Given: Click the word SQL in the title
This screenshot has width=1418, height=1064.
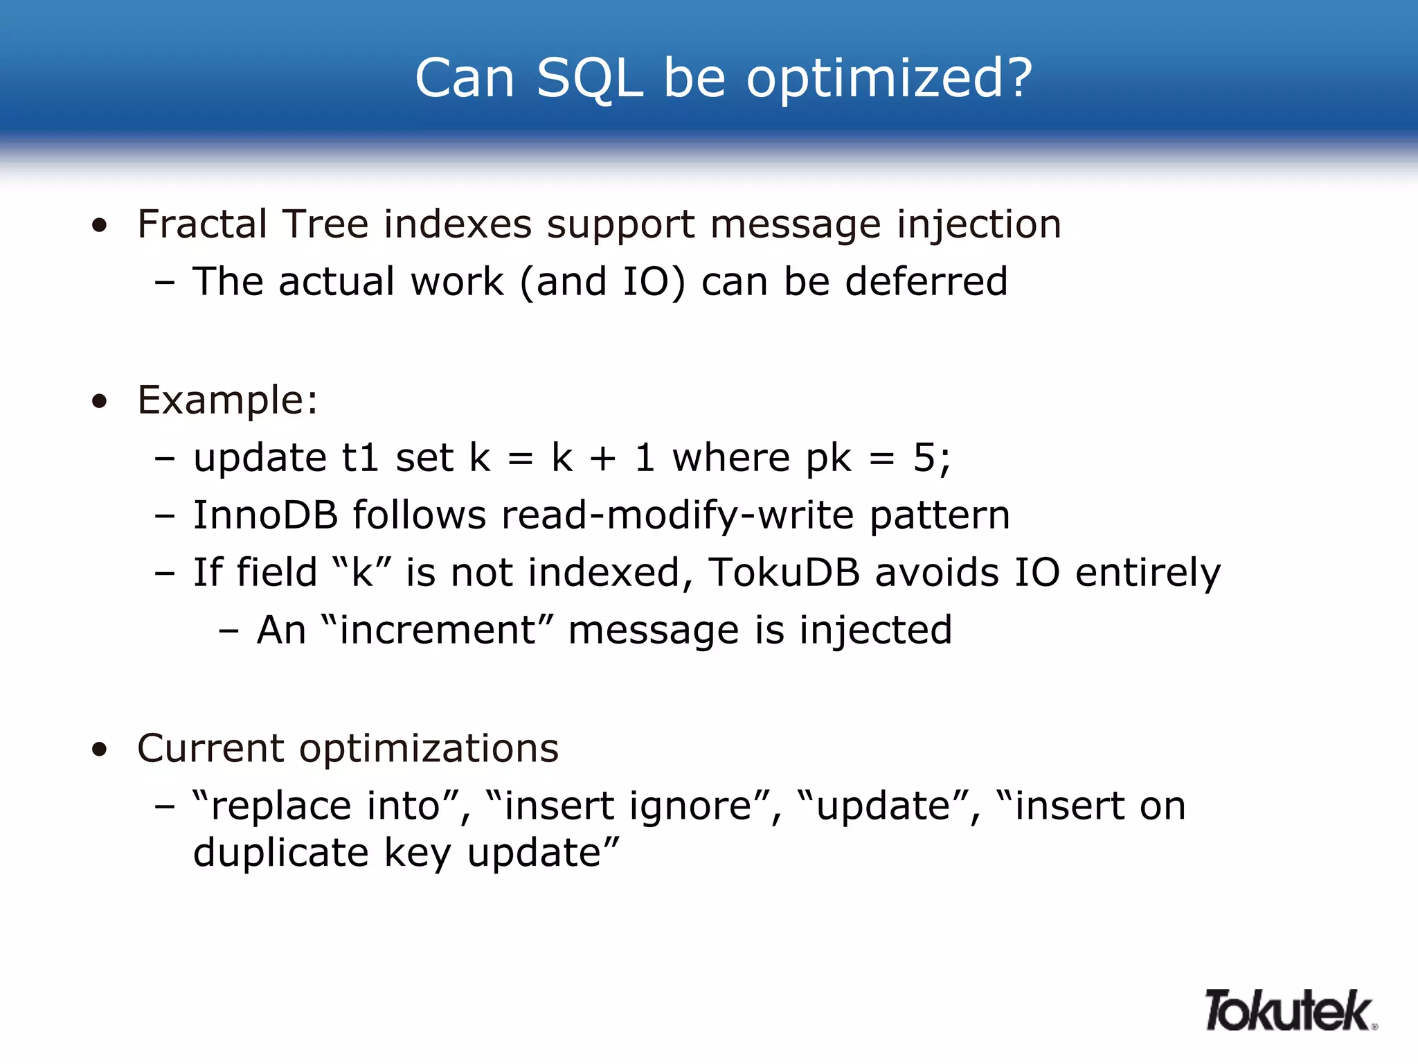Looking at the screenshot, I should click(589, 78).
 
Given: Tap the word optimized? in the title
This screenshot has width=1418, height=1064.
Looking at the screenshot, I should click(889, 78).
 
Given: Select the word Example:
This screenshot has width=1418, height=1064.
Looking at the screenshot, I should click(228, 400).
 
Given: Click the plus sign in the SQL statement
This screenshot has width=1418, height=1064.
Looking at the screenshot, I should click(602, 459).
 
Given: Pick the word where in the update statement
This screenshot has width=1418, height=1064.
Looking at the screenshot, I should click(731, 459).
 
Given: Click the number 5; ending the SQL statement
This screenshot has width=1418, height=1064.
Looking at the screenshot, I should click(932, 459).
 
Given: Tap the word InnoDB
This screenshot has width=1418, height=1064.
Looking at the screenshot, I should click(265, 515).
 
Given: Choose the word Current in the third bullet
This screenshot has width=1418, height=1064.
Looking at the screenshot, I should click(210, 749).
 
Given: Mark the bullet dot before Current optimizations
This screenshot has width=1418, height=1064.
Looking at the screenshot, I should click(100, 750).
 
